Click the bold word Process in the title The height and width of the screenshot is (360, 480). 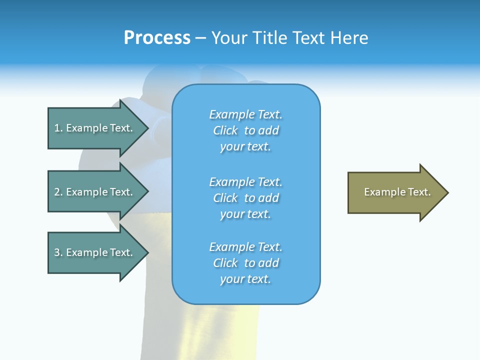pyautogui.click(x=157, y=38)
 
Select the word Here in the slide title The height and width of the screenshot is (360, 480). pyautogui.click(x=350, y=38)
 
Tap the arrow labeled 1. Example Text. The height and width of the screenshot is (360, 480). pyautogui.click(x=95, y=128)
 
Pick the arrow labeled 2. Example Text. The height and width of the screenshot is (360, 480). pyautogui.click(x=95, y=192)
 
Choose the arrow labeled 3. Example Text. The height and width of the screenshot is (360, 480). pyautogui.click(x=95, y=252)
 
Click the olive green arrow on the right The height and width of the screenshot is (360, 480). pyautogui.click(x=395, y=192)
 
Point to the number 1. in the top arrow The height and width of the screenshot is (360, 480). pyautogui.click(x=58, y=128)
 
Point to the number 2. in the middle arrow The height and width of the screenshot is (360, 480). pyautogui.click(x=58, y=192)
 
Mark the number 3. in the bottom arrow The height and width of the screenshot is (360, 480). pyautogui.click(x=58, y=252)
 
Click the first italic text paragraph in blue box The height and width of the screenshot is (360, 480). pyautogui.click(x=245, y=130)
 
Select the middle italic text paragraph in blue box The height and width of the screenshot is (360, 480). pyautogui.click(x=245, y=198)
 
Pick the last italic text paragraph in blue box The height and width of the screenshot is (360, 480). pyautogui.click(x=245, y=263)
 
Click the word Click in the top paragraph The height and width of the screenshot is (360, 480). pyautogui.click(x=225, y=130)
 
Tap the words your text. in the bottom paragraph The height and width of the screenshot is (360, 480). pyautogui.click(x=245, y=279)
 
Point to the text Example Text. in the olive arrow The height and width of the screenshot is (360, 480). pyautogui.click(x=397, y=192)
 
